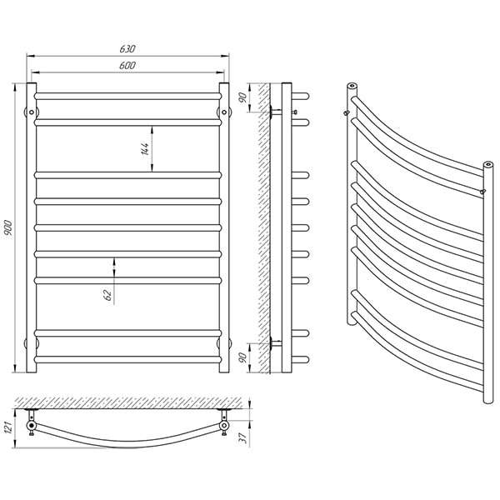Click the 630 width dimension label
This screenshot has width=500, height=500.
click(127, 49)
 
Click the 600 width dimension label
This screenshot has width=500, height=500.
click(127, 65)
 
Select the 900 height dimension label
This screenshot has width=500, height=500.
click(7, 227)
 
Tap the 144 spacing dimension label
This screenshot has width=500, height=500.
click(144, 149)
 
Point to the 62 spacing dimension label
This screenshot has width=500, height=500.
click(108, 295)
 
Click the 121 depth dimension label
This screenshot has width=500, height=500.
click(7, 427)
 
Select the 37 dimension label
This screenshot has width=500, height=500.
click(243, 438)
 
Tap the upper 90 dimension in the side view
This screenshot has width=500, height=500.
click(243, 97)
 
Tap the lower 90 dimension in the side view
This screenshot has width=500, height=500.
click(243, 357)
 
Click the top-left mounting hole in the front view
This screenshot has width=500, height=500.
click(32, 112)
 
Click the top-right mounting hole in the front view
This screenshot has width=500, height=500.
click(224, 112)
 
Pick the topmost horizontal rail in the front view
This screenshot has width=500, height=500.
click(127, 97)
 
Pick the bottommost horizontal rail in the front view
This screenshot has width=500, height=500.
click(127, 360)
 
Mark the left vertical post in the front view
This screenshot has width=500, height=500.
click(32, 227)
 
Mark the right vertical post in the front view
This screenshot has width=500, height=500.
click(224, 227)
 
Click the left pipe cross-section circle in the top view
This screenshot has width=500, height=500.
click(32, 425)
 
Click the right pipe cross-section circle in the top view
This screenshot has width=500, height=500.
click(224, 425)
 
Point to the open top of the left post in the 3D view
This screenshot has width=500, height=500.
click(352, 86)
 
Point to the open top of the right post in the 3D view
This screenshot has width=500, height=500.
click(487, 165)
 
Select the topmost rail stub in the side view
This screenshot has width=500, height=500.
click(300, 97)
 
